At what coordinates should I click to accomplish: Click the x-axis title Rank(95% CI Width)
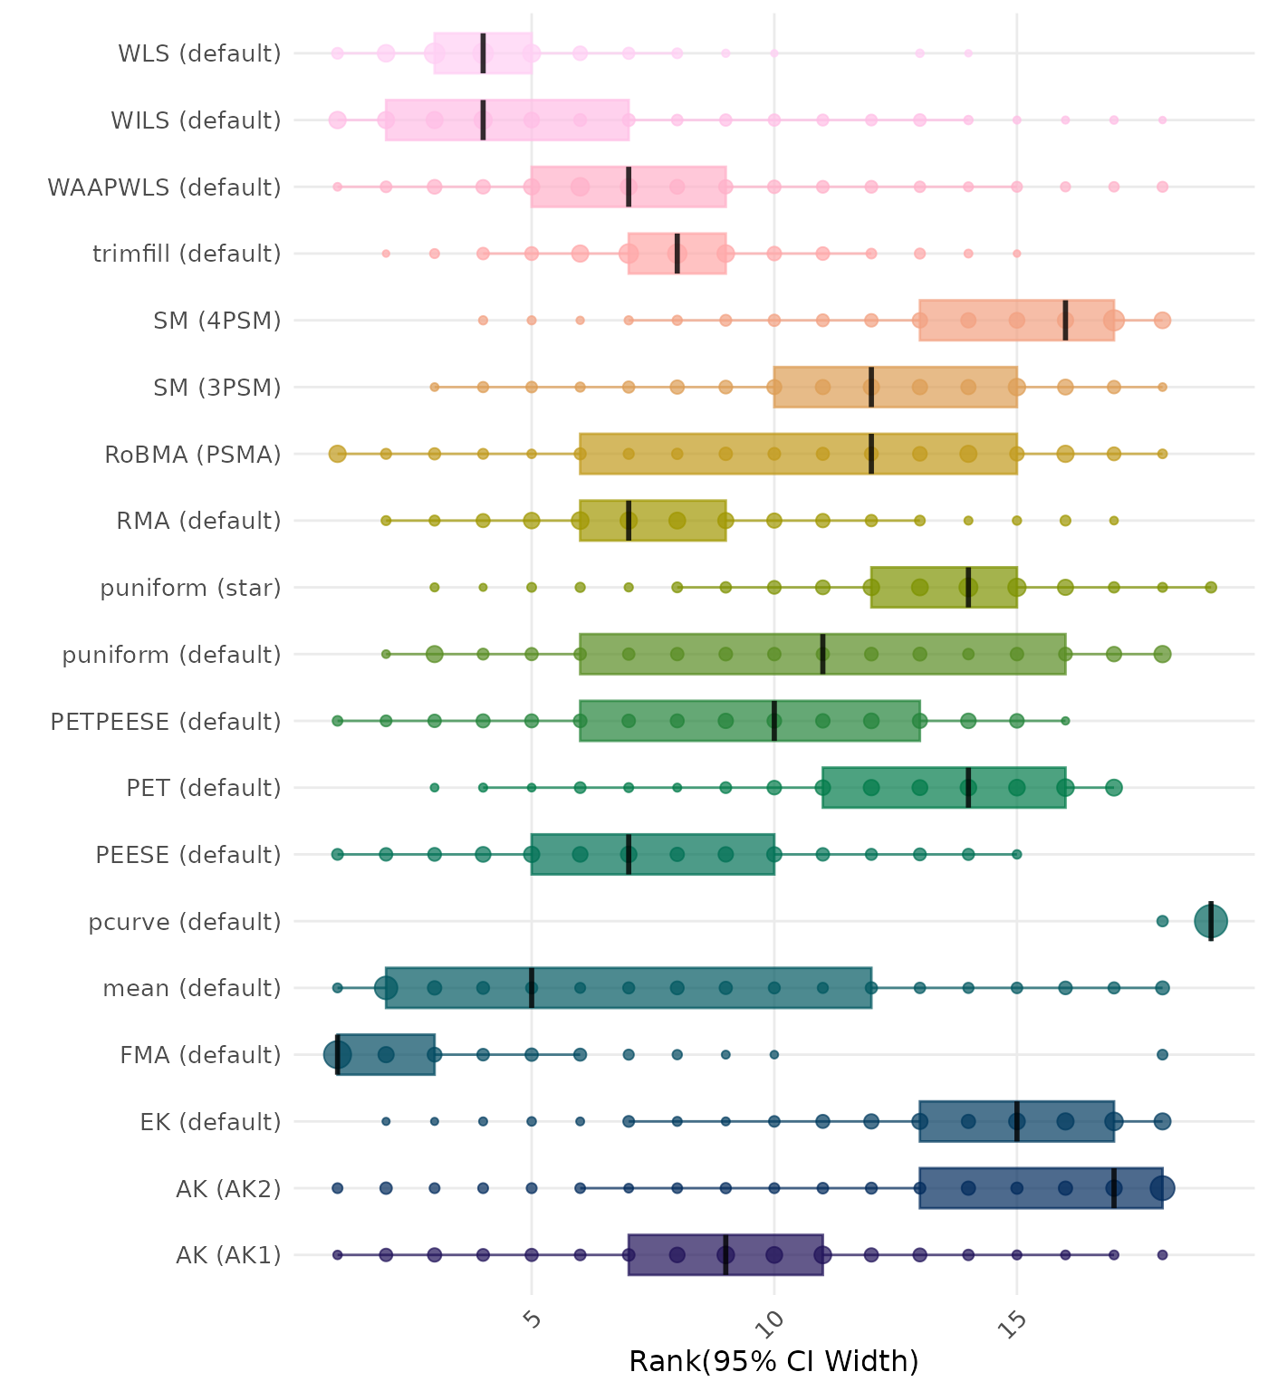(773, 1361)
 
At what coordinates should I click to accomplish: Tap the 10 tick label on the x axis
(773, 1324)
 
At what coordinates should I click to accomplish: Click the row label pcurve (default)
(185, 922)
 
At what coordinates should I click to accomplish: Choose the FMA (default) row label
(200, 1055)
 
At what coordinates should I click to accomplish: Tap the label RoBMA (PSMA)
(193, 454)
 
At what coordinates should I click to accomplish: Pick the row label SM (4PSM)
(217, 321)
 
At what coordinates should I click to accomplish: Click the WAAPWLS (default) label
(164, 187)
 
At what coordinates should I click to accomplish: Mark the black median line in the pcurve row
(1211, 921)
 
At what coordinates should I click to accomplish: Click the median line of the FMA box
(338, 1054)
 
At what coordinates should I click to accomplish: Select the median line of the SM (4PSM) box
(1065, 320)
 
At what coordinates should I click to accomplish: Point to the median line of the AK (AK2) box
(1114, 1188)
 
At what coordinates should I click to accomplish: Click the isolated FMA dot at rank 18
(1162, 1054)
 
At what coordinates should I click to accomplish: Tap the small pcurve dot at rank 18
(1162, 921)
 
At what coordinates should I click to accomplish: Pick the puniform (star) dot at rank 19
(1211, 588)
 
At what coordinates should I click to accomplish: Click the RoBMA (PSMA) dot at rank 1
(338, 454)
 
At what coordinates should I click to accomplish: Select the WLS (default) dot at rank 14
(968, 53)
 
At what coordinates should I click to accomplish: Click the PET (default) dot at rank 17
(1114, 788)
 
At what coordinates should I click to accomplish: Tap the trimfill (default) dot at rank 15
(1016, 254)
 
